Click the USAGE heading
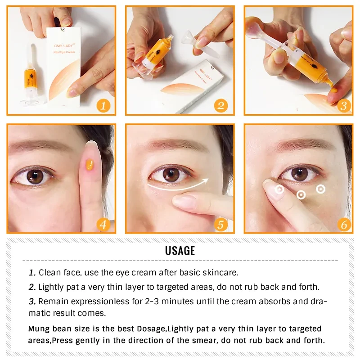(x=180, y=251)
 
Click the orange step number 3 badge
(x=344, y=106)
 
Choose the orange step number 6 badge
(x=344, y=224)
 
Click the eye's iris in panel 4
(x=35, y=176)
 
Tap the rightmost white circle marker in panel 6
(x=320, y=189)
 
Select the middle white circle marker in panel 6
(x=301, y=195)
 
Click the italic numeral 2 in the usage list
(x=32, y=287)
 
